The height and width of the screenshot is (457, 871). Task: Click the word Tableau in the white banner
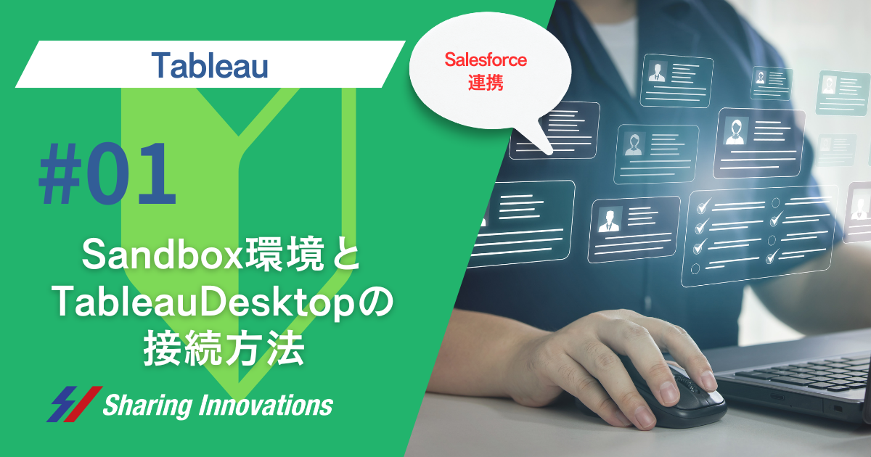[x=210, y=65]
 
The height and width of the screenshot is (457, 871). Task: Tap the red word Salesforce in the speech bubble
[x=486, y=59]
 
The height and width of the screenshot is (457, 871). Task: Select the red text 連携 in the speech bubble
[x=486, y=83]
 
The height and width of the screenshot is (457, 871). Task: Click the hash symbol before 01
[x=60, y=173]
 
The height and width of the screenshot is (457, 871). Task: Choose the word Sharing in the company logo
[x=148, y=405]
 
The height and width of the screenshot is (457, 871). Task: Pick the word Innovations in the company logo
[x=266, y=405]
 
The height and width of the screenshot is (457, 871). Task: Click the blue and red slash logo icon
[x=74, y=404]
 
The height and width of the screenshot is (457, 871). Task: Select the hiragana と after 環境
[x=345, y=255]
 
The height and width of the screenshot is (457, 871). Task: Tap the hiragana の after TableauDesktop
[x=376, y=301]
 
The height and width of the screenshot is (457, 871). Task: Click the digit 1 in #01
[x=156, y=173]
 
